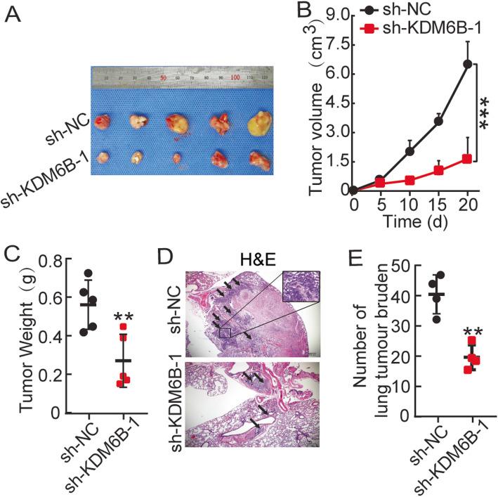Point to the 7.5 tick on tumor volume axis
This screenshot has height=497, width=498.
pyautogui.click(x=336, y=44)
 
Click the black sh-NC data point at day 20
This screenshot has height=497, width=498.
pyautogui.click(x=466, y=64)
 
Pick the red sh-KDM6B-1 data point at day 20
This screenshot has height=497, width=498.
pyautogui.click(x=466, y=159)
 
